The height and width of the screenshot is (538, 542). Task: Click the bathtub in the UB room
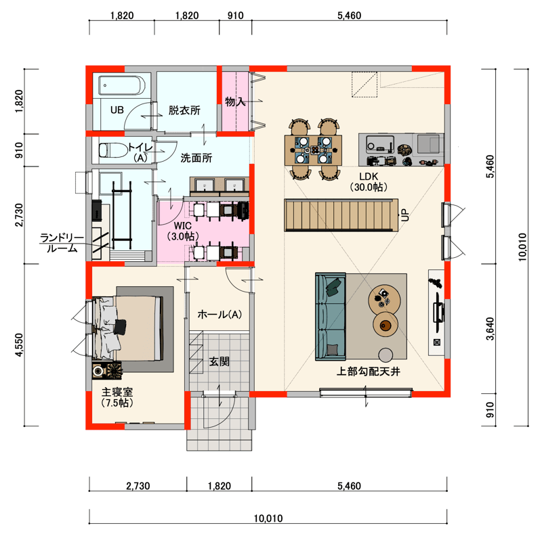122,85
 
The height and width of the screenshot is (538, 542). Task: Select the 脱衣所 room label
184,110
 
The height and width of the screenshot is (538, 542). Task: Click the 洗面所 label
196,158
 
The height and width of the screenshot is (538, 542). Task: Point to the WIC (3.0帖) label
182,231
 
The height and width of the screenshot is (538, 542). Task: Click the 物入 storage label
235,102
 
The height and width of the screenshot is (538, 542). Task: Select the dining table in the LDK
313,150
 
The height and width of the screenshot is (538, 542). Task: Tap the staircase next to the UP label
341,215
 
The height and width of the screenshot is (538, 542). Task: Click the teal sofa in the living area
331,316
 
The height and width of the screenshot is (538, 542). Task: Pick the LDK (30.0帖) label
369,181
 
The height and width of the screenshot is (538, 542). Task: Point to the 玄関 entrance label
219,361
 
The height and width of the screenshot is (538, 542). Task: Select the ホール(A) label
220,314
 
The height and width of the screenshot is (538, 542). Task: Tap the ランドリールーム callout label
62,243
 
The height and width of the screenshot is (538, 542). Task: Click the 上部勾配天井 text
368,372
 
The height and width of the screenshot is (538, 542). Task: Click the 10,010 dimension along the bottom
268,518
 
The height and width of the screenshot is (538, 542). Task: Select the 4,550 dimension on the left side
20,344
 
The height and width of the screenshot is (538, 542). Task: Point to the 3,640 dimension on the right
490,329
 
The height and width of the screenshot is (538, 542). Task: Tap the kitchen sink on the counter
380,144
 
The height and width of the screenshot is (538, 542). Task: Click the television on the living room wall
438,312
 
